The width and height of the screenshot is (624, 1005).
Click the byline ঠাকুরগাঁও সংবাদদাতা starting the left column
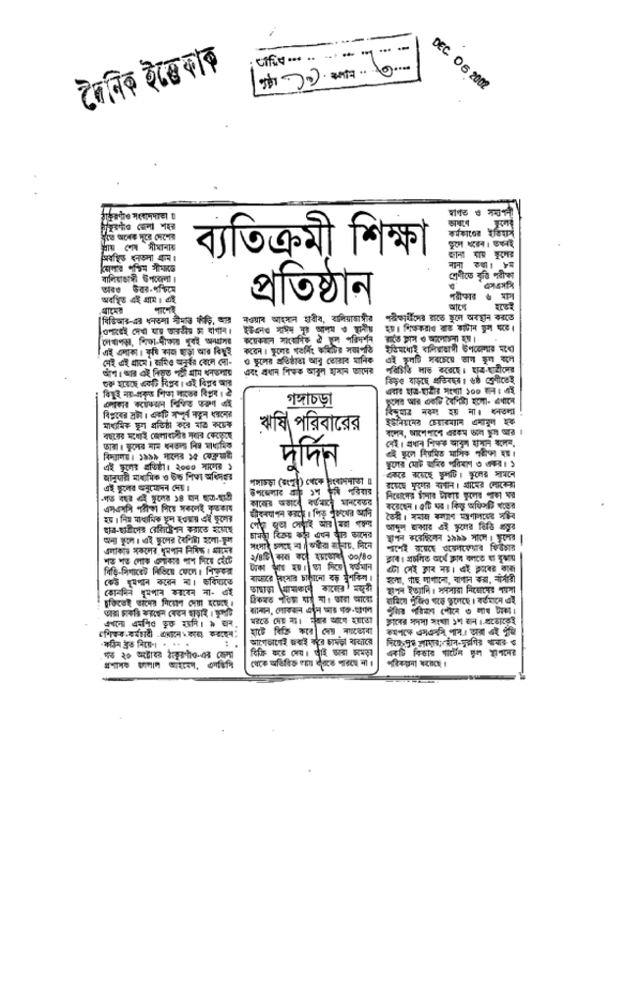[136, 215]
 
